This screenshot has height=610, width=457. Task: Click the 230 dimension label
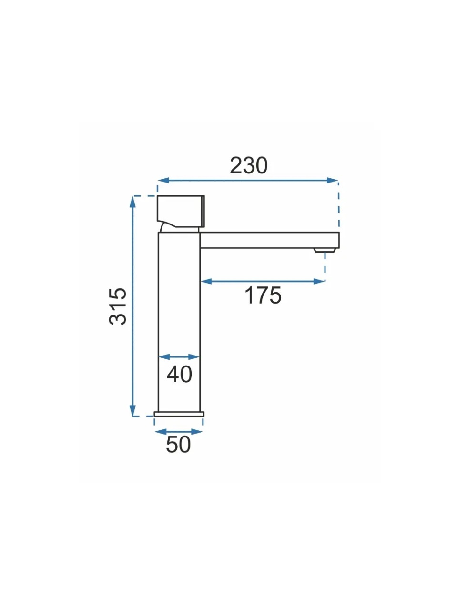pos(249,166)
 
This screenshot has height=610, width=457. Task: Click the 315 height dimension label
pos(118,307)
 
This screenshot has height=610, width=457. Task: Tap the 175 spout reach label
pos(263,295)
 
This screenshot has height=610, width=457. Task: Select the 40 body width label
pos(179,374)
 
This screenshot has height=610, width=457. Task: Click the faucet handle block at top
pos(181,211)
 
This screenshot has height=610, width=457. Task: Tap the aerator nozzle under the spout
pos(325,250)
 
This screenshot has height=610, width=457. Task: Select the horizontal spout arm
pos(269,240)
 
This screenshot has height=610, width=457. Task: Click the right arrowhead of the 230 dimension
pos(332,180)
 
